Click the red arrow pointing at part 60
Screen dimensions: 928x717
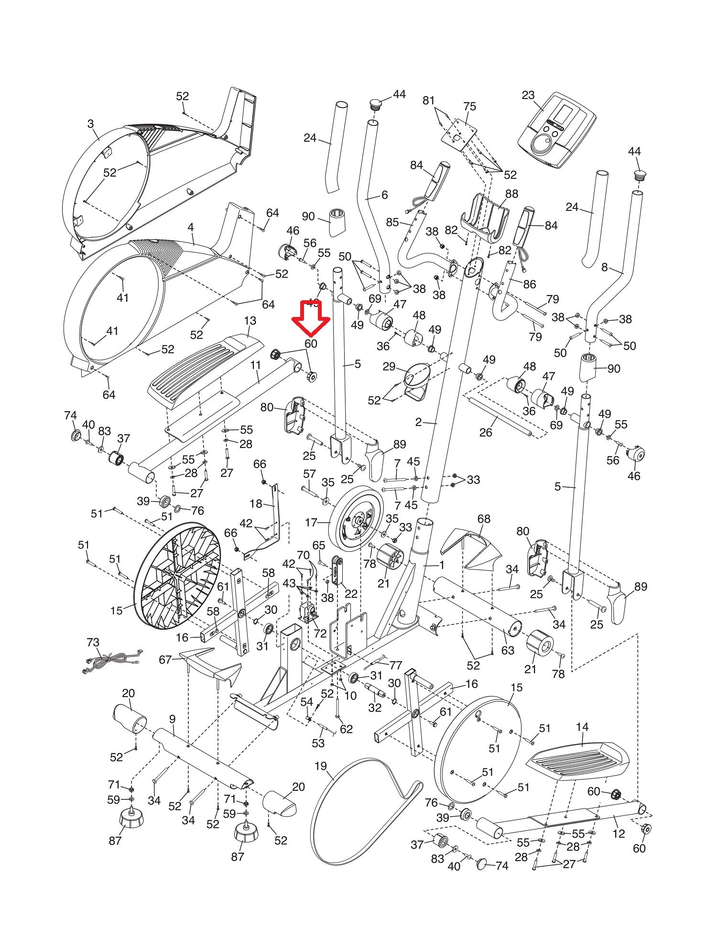311,319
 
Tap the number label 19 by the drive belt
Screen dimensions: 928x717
320,766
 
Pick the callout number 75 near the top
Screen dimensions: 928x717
470,106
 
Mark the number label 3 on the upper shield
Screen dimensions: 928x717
90,124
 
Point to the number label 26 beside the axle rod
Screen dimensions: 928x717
486,432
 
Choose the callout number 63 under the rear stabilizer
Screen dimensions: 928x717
508,650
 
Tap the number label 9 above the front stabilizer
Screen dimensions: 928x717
172,719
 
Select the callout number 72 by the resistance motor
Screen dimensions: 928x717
320,633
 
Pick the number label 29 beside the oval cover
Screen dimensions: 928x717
389,367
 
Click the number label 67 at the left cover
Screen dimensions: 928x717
165,660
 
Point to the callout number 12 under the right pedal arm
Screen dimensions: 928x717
619,834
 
